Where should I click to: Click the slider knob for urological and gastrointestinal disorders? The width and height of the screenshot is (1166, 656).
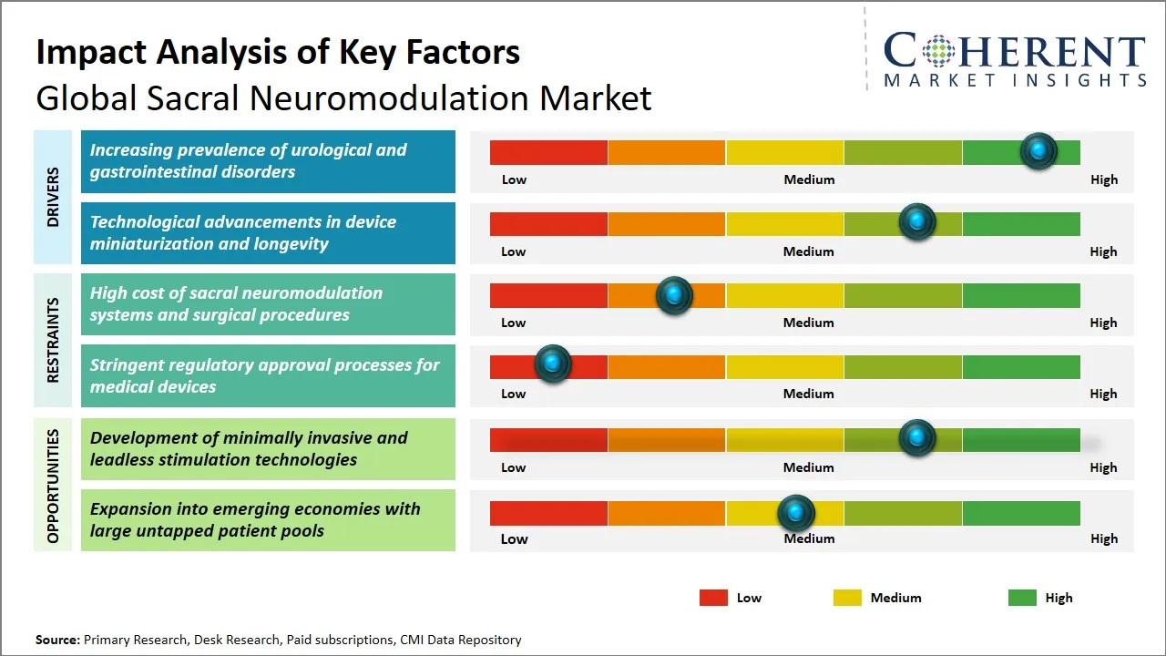(1038, 151)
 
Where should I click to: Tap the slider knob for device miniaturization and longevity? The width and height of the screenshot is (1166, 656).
(917, 222)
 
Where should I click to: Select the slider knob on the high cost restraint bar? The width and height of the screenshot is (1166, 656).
(674, 295)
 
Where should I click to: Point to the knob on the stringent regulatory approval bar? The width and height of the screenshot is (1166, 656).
(552, 364)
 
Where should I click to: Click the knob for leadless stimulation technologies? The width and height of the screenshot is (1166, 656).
(917, 438)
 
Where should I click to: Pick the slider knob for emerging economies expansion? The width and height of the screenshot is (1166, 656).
(796, 513)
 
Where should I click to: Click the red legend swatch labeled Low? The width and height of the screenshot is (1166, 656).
(713, 598)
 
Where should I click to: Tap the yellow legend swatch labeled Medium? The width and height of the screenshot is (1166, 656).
(847, 598)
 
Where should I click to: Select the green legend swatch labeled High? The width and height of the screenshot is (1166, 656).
(1022, 598)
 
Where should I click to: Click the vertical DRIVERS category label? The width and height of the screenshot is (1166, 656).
(53, 197)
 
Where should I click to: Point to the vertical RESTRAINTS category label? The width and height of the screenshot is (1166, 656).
(53, 340)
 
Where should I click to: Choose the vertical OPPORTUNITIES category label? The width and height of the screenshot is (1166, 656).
(53, 486)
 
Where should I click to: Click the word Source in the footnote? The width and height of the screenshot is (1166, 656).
(56, 640)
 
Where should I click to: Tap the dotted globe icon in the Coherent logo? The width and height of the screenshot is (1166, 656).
(938, 51)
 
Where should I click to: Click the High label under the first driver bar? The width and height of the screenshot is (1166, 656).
(1103, 179)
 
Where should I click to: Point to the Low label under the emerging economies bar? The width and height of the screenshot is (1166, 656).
(514, 538)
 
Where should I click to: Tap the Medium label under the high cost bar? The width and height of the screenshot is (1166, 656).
(808, 323)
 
